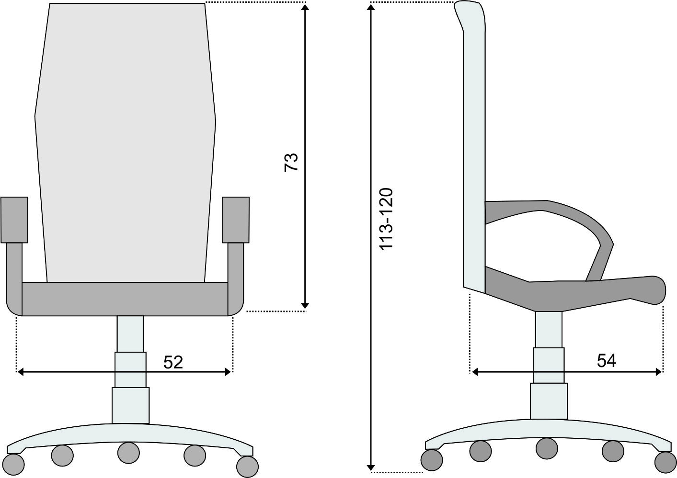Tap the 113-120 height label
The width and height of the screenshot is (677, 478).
[386, 219]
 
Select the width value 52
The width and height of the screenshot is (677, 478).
[173, 362]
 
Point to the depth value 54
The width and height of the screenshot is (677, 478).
[607, 361]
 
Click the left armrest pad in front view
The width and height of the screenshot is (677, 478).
[14, 220]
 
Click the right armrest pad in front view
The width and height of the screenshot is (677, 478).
[235, 220]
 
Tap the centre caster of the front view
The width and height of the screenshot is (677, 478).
[128, 452]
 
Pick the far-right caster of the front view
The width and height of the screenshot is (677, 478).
[247, 466]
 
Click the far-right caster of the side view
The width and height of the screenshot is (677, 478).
[665, 462]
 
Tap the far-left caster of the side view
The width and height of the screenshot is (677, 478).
[431, 460]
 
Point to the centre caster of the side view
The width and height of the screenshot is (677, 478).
[547, 448]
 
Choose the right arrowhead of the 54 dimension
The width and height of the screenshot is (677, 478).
[659, 371]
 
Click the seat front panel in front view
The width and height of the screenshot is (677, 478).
[125, 299]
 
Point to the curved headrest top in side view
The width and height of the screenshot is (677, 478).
[472, 12]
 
